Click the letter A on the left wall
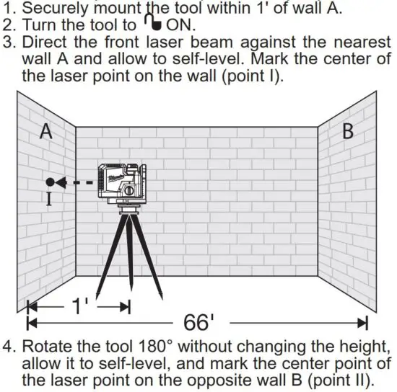pos(46,133)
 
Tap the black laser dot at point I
pos(49,182)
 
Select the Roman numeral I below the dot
pos(49,200)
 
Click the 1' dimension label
pos(80,306)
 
